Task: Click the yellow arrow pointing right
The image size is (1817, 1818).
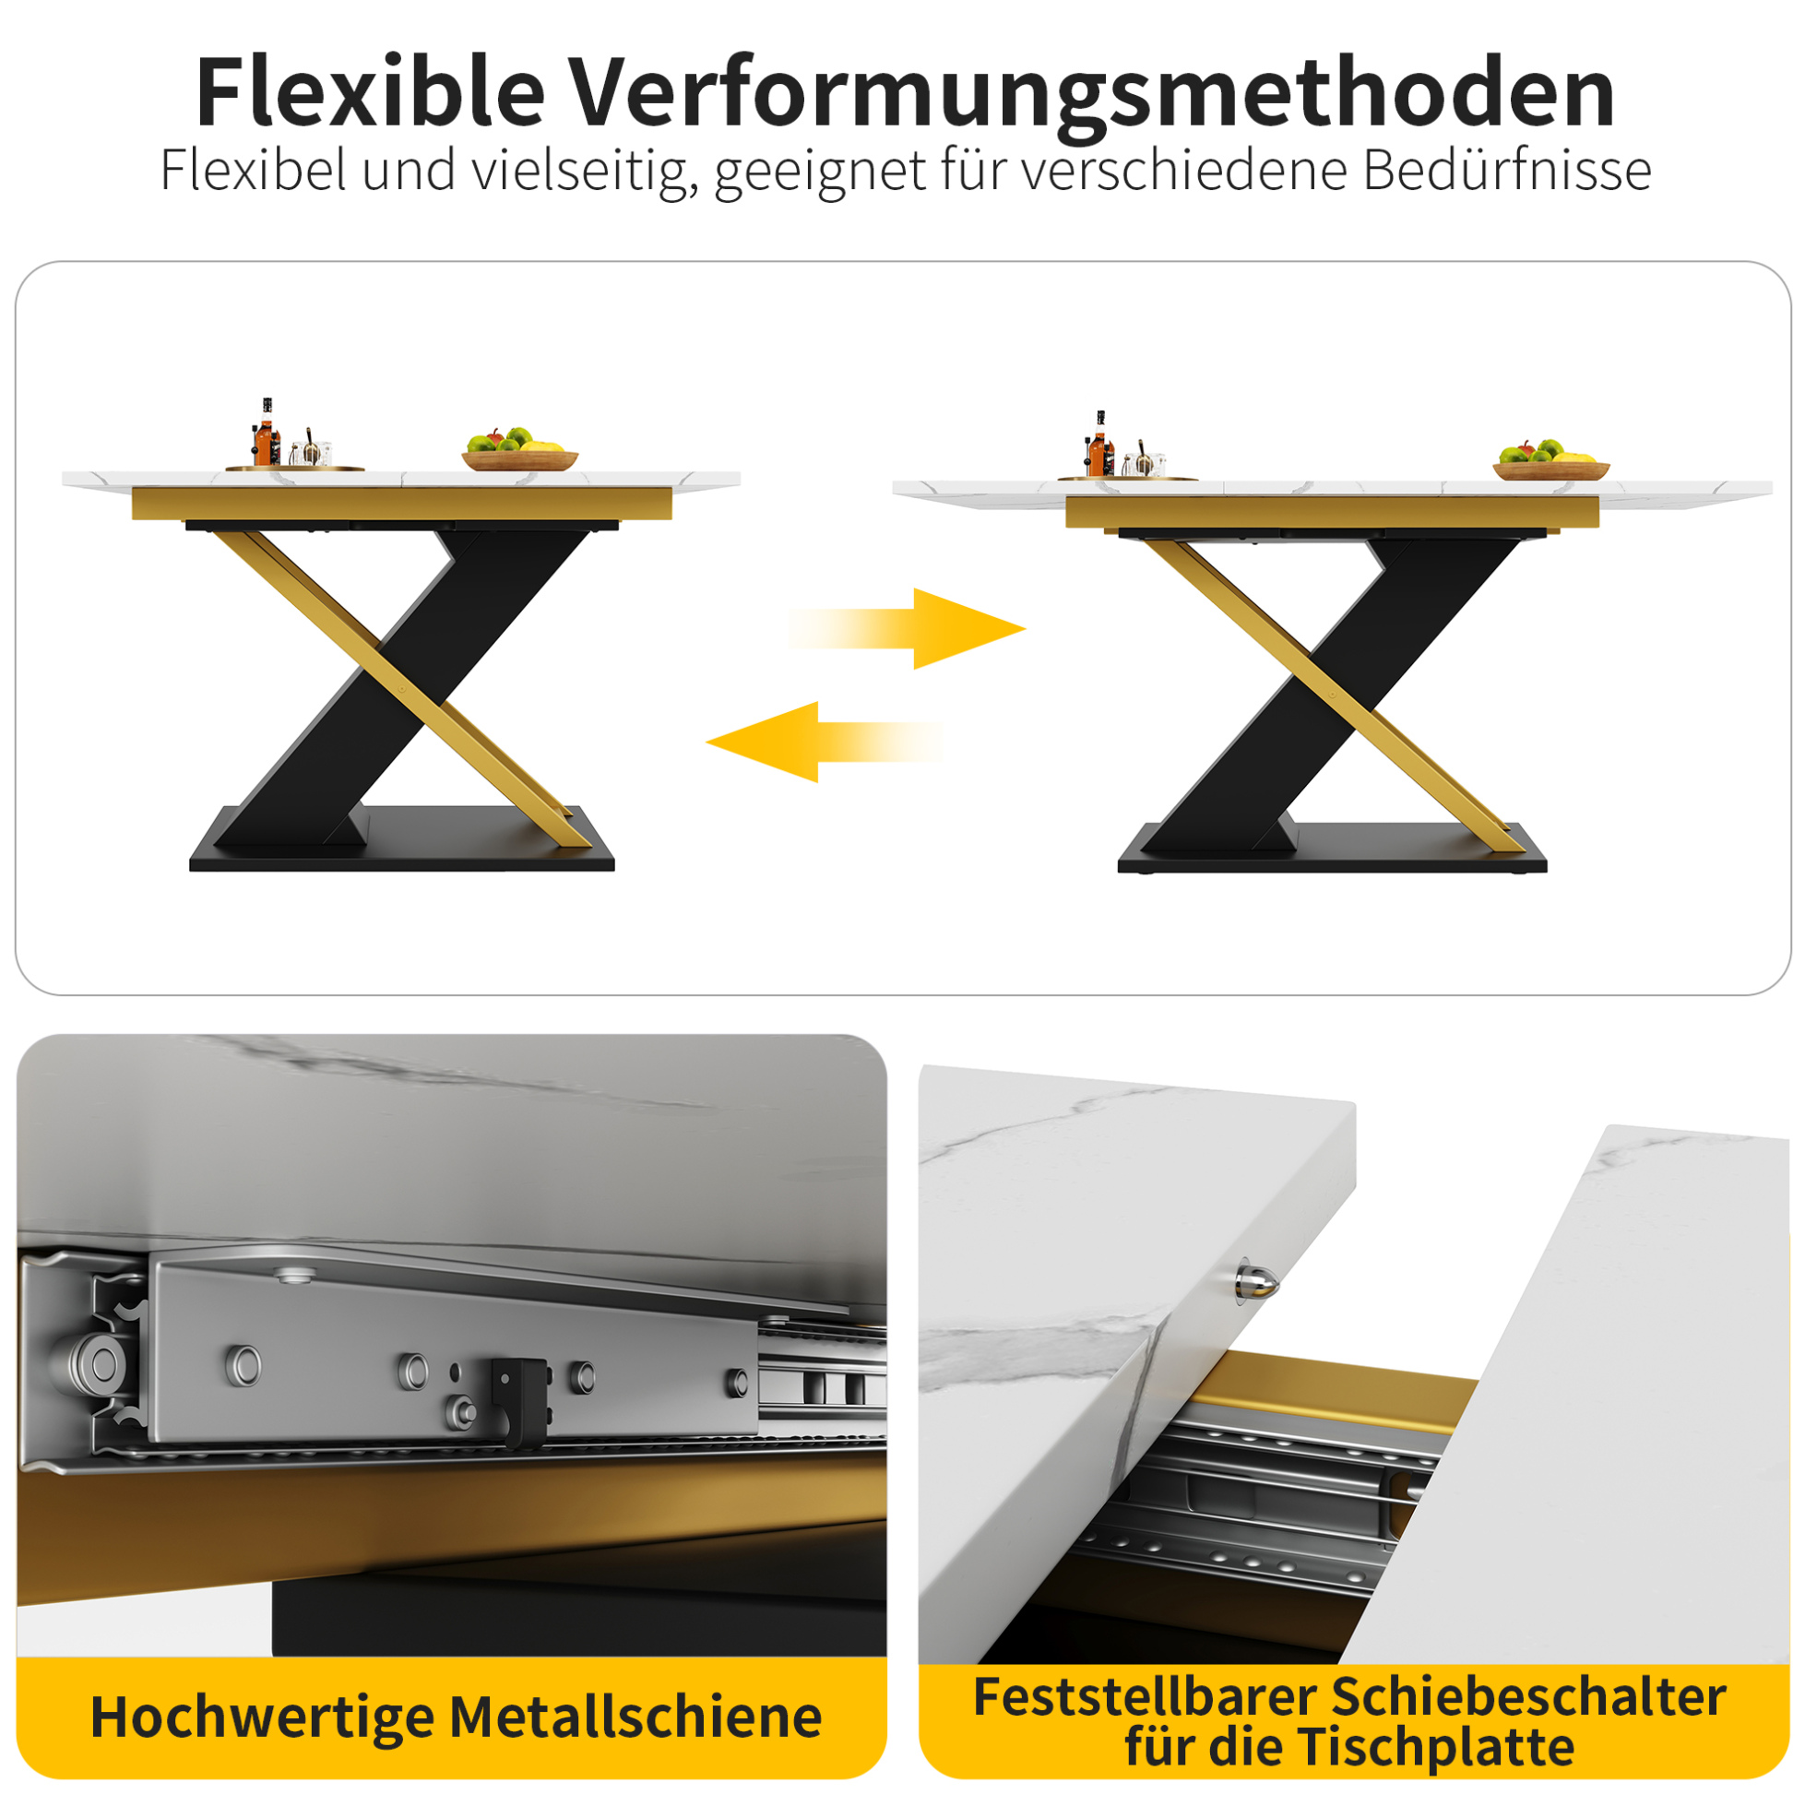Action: tap(907, 628)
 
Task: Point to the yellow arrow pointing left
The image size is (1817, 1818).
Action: tap(825, 742)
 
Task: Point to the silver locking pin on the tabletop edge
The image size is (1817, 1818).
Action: tap(1257, 1281)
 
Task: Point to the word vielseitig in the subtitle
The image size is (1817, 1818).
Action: tap(586, 172)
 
